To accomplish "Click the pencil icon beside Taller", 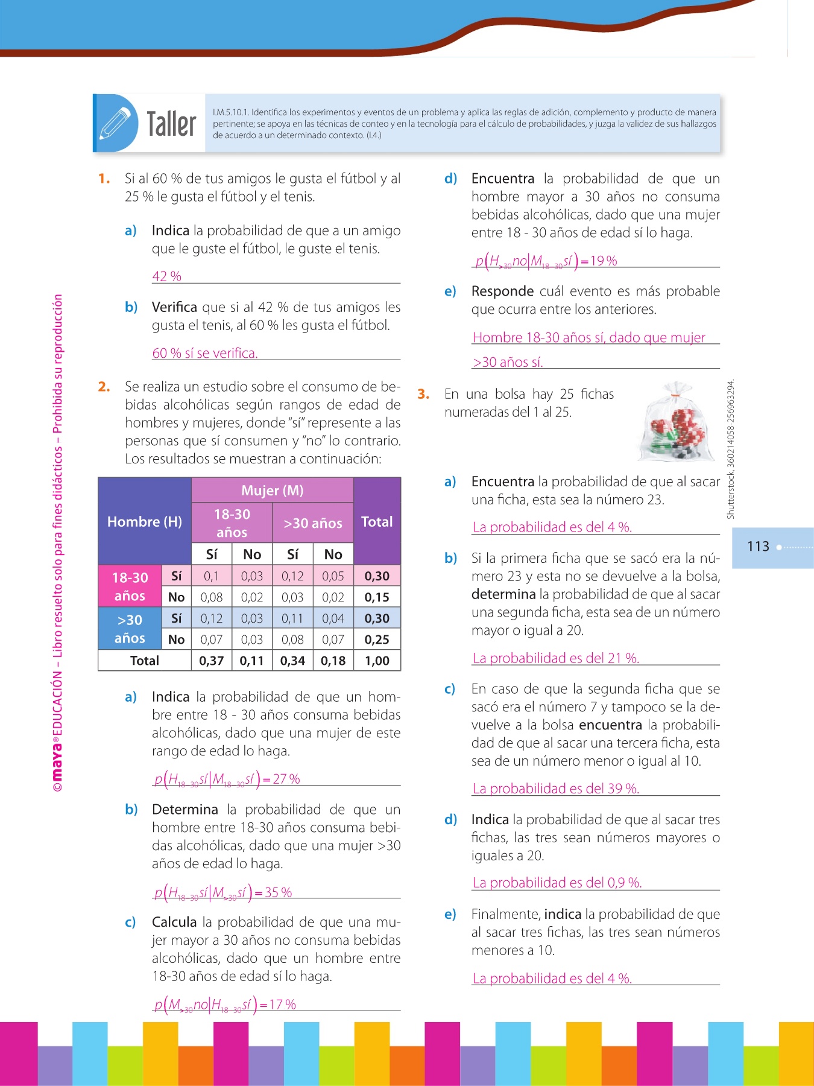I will tap(115, 123).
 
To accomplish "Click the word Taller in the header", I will tap(171, 124).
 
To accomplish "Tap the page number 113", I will tap(758, 547).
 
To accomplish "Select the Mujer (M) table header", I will tap(272, 490).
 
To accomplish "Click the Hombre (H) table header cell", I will tap(145, 521).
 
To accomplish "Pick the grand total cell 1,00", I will tap(377, 661).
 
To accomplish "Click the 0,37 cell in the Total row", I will tap(211, 661).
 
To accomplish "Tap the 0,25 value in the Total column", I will tap(377, 640).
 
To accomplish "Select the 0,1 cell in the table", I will tap(211, 576).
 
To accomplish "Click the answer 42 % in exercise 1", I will tap(166, 276).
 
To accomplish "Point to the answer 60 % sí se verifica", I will tap(205, 353).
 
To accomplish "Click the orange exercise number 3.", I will tap(423, 394).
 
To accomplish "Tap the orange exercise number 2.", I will tap(104, 387).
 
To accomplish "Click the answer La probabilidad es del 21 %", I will tap(555, 658).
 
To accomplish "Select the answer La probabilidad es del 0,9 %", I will tap(557, 883).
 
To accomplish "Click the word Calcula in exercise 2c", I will tap(174, 922).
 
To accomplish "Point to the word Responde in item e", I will tap(502, 291).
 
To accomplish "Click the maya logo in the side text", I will tap(57, 761).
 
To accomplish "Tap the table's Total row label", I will tap(145, 661).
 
